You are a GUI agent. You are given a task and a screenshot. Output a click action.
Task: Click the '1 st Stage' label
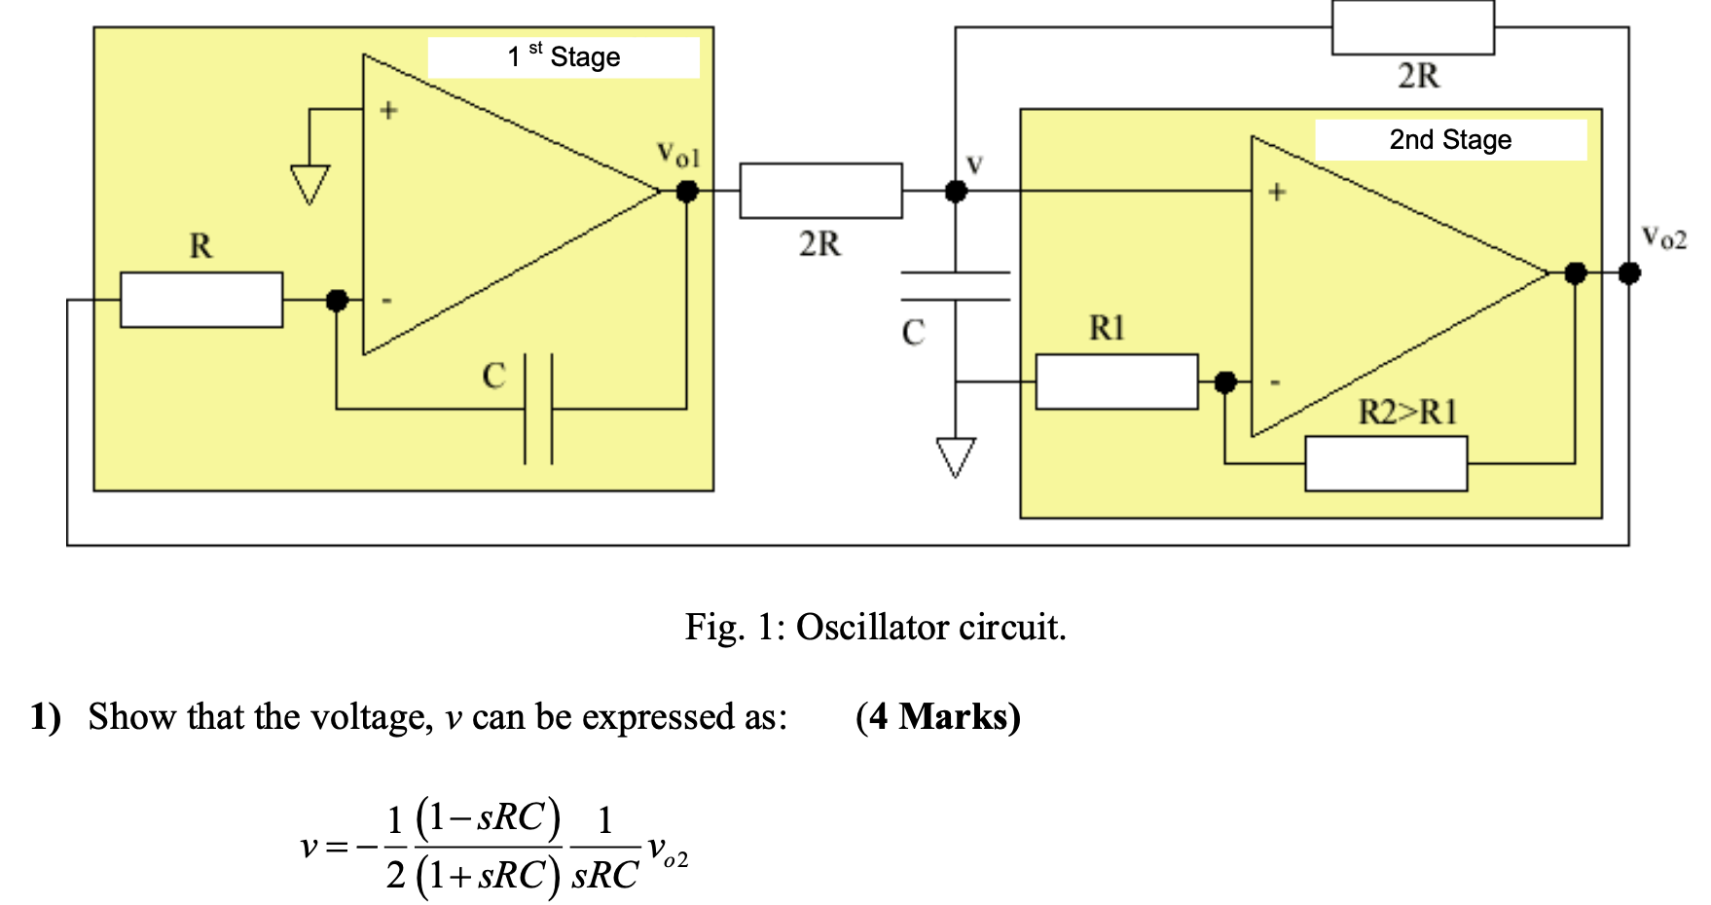[564, 57]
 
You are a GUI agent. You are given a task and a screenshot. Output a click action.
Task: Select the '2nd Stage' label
[1450, 140]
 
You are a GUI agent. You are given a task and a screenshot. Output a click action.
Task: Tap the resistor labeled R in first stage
[201, 300]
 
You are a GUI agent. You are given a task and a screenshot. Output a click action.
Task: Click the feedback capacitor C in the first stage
[538, 409]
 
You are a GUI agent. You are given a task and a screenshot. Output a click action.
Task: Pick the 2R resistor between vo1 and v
[820, 191]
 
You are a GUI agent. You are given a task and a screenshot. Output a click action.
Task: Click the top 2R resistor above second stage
[1412, 28]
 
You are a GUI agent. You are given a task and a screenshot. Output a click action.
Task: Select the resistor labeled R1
[1116, 381]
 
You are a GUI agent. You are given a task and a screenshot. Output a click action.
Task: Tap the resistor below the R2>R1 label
[1386, 464]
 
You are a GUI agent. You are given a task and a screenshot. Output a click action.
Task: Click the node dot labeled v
[956, 192]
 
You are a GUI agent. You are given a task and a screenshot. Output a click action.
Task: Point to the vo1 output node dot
[687, 192]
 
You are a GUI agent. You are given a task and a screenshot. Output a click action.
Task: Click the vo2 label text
[1663, 237]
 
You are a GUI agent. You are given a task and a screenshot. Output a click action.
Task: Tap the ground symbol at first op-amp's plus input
[309, 184]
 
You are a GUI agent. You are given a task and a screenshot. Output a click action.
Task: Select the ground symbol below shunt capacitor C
[956, 456]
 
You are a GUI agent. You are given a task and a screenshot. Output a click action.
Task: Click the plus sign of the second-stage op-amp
[1277, 193]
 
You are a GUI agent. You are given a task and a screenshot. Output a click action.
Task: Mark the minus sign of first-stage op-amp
[386, 301]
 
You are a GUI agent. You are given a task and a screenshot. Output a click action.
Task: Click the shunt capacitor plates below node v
[956, 287]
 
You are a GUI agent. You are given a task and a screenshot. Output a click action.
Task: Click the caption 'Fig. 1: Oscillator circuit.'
[875, 627]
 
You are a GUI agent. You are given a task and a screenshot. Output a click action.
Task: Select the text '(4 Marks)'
[937, 717]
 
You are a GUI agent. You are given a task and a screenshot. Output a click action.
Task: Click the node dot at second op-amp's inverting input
[1225, 382]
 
